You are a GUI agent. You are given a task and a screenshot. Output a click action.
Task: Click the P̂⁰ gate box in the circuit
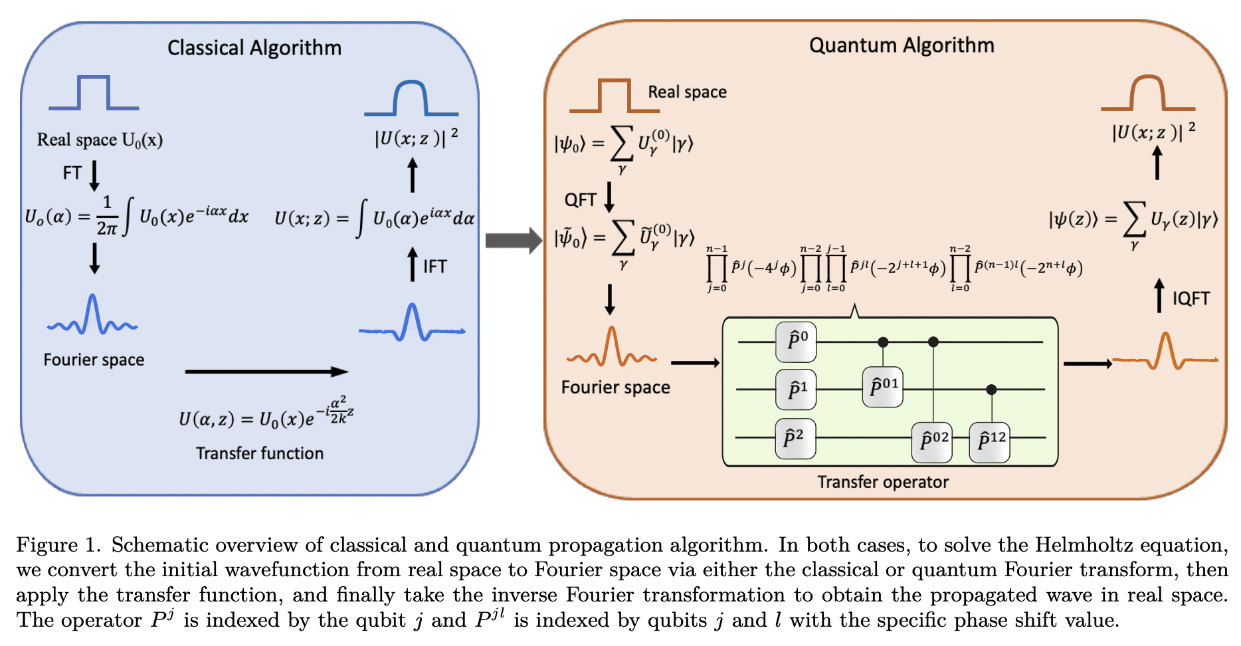coord(796,342)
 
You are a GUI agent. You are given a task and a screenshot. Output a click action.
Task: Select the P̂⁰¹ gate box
coord(882,387)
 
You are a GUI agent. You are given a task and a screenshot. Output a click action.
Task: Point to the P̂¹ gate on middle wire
coord(796,389)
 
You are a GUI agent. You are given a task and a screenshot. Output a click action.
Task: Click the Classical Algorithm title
coord(254,48)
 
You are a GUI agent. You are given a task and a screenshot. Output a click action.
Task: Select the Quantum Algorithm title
coord(902,45)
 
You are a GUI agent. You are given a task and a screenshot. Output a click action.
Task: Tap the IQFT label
coord(1191,298)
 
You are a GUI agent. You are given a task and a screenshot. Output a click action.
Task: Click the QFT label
coord(580,199)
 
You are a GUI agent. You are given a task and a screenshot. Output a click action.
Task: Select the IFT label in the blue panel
coord(435,267)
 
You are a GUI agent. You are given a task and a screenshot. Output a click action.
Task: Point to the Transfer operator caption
coord(882,482)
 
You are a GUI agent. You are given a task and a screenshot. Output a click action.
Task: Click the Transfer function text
coord(260,453)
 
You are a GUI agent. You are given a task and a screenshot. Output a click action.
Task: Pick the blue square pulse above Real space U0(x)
coord(94,94)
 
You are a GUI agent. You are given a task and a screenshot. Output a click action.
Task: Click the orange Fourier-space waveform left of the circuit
coord(611,351)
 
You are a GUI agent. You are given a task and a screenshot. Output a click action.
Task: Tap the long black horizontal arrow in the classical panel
coord(266,372)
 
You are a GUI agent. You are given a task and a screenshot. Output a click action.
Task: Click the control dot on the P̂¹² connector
coord(991,389)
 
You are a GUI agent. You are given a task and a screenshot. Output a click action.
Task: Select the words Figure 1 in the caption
coord(57,545)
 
